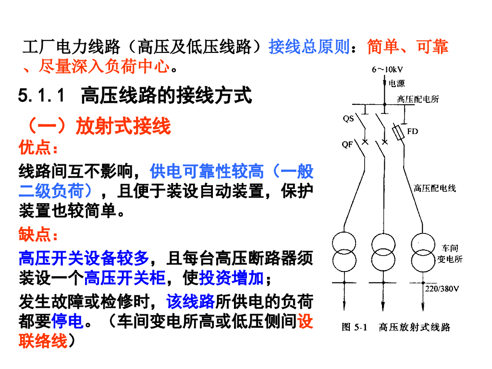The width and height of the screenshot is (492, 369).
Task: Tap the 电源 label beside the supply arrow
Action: [396, 84]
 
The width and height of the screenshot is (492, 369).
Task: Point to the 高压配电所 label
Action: [418, 99]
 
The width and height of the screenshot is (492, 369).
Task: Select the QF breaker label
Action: [347, 144]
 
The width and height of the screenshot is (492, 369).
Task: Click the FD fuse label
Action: [412, 131]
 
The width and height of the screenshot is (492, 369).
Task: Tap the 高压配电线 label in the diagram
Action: [435, 188]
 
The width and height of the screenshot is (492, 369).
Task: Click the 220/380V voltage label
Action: [442, 289]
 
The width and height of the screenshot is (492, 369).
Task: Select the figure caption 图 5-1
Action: [354, 328]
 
